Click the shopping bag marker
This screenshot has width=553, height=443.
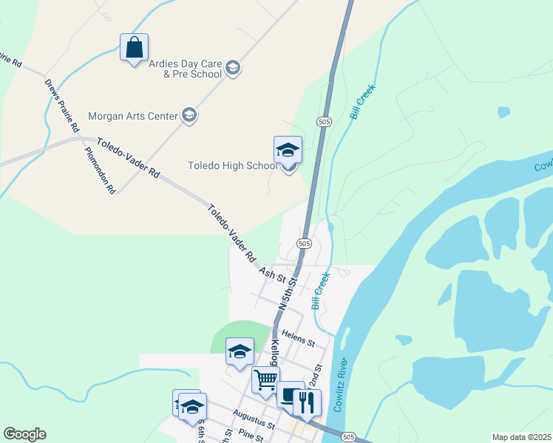(x=134, y=48)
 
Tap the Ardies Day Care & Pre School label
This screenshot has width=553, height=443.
(x=185, y=68)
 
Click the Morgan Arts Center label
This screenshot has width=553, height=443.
(x=133, y=116)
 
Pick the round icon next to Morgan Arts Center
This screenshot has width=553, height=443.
(x=189, y=115)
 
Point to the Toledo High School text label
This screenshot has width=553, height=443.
(x=231, y=165)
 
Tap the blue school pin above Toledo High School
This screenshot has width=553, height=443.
(x=288, y=151)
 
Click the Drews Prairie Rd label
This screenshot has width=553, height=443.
(x=62, y=106)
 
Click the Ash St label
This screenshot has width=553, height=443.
(x=272, y=274)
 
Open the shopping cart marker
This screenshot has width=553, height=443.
(x=265, y=380)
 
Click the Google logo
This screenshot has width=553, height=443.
(x=24, y=434)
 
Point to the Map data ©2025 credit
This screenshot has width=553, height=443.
(x=521, y=437)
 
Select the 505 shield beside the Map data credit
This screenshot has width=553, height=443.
(x=347, y=438)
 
